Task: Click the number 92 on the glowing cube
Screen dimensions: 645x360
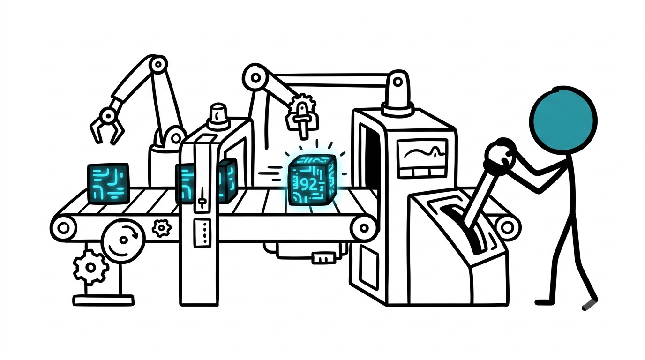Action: pos(308,183)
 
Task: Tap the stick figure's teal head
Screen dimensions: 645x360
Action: pos(563,120)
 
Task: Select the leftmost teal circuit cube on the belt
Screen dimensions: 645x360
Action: pos(108,183)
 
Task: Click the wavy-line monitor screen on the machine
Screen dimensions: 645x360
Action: pos(422,157)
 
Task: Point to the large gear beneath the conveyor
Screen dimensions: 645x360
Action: pos(90,268)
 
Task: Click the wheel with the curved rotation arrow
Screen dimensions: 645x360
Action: pos(123,241)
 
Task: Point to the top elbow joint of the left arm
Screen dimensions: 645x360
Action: pos(157,64)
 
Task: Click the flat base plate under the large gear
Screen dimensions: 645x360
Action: pos(104,300)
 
